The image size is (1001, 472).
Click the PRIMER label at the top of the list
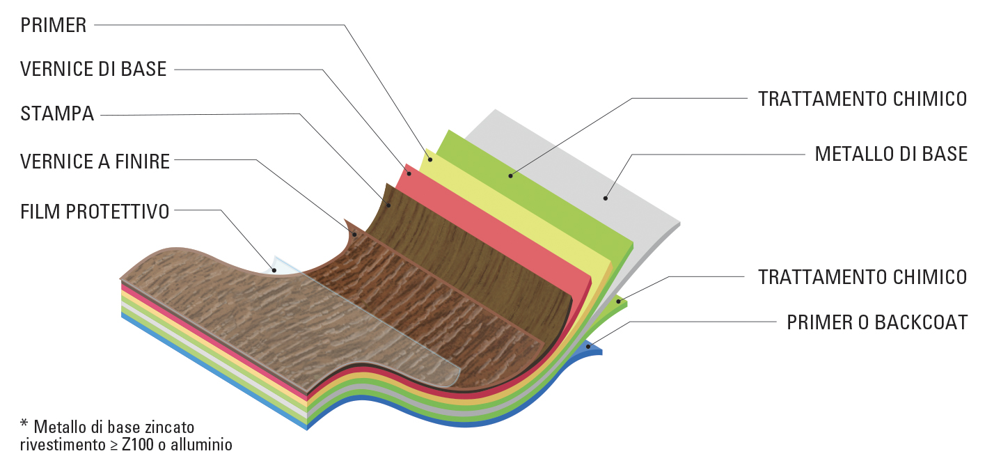pyautogui.click(x=54, y=26)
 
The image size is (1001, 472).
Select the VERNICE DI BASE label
pyautogui.click(x=93, y=70)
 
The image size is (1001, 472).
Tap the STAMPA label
pyautogui.click(x=57, y=114)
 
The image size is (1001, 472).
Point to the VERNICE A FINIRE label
pyautogui.click(x=95, y=162)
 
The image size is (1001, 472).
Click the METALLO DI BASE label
pyautogui.click(x=891, y=154)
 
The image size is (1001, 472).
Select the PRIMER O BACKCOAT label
pyautogui.click(x=877, y=322)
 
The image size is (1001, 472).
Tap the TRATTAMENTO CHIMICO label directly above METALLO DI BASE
pyautogui.click(x=862, y=99)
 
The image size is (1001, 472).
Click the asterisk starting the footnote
pyautogui.click(x=24, y=424)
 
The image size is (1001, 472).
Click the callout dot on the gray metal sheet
pyautogui.click(x=606, y=198)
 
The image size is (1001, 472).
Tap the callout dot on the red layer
pyautogui.click(x=409, y=173)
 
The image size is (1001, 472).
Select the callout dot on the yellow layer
pyautogui.click(x=430, y=159)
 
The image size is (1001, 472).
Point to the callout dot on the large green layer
pyautogui.click(x=510, y=175)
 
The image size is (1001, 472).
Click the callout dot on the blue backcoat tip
pyautogui.click(x=588, y=346)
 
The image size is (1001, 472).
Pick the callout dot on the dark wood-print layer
pyautogui.click(x=388, y=206)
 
